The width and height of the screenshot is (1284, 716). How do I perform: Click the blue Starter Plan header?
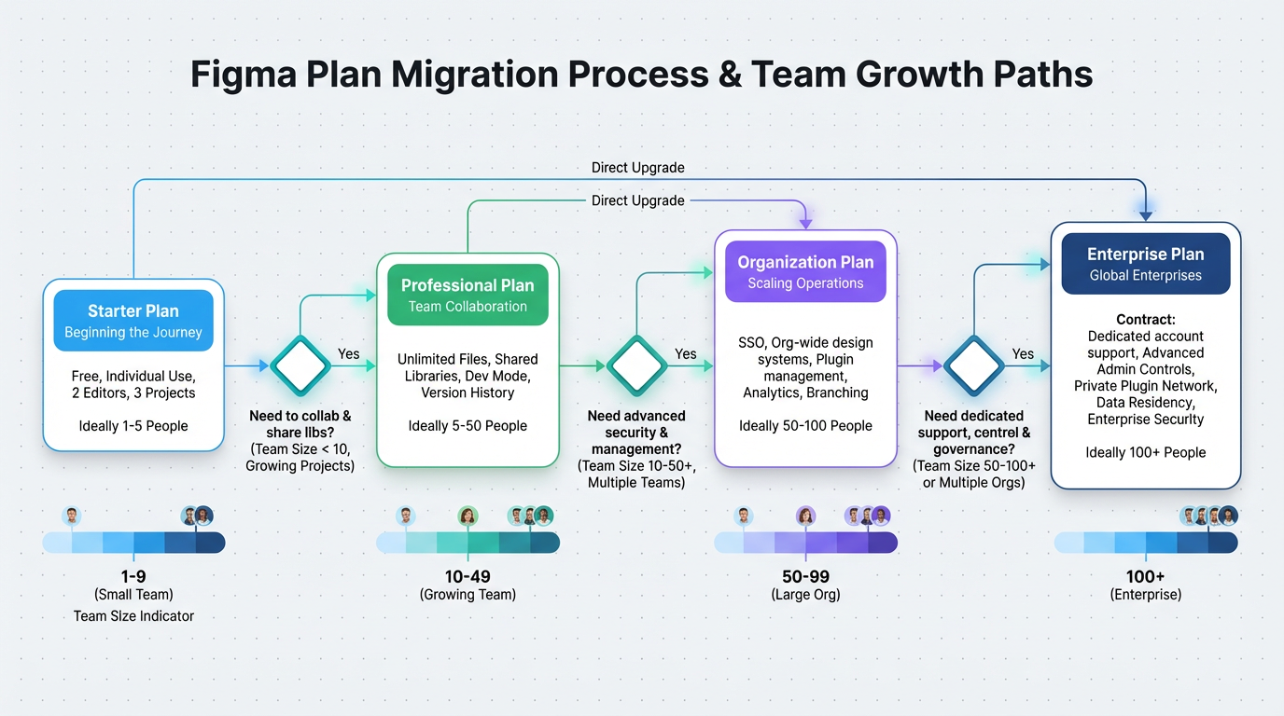point(133,321)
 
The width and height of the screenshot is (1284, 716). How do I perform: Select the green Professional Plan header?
point(468,295)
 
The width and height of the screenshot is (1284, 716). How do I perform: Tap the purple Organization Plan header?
point(805,271)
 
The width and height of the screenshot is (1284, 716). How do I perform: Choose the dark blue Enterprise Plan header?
point(1145,263)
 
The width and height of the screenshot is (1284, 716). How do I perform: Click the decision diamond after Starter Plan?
point(300,366)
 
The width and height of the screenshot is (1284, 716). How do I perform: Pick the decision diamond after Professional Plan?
point(636,366)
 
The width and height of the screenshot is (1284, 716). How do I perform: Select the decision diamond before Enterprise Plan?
point(973,366)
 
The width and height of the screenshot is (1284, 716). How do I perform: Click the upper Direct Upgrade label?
point(637,168)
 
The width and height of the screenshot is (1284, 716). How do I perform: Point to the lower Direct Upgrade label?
point(637,200)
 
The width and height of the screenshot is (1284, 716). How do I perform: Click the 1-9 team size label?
point(133,577)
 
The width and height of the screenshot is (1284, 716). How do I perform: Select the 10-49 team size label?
point(468,577)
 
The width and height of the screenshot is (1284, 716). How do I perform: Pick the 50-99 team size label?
point(805,577)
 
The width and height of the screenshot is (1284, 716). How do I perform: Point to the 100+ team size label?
point(1145,577)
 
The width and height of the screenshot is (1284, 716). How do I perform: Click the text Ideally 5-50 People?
point(468,426)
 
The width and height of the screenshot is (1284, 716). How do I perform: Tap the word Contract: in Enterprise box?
point(1145,319)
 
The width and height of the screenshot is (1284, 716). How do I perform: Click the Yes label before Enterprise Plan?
point(1023,354)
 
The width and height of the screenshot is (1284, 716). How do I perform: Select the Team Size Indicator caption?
point(133,615)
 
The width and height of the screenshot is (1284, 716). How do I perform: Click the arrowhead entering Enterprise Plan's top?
point(1146,215)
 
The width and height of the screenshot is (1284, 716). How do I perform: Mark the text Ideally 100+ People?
point(1145,453)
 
